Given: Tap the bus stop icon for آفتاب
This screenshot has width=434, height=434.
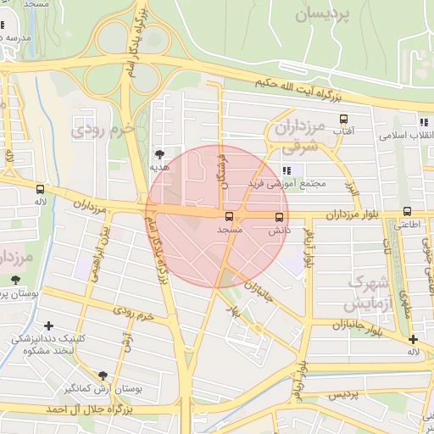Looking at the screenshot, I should coord(343,120).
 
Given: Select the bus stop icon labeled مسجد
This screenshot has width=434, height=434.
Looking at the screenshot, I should coord(229,216).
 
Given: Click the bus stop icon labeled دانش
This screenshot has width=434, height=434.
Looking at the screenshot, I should coord(280,216).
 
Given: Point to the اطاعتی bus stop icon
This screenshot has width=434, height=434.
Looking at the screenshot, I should coord(407,212).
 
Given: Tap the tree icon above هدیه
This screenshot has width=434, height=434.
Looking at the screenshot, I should coord(159,153).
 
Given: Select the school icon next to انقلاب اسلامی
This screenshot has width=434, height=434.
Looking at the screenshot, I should coord(423,124).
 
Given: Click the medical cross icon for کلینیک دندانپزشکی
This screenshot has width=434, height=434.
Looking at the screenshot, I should coord(49,325).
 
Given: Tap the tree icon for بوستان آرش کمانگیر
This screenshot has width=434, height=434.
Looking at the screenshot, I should coord(103,375).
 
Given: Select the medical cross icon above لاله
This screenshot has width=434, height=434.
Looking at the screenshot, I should coord(412,339).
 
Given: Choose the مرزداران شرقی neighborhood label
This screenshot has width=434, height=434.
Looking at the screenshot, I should coord(300,136).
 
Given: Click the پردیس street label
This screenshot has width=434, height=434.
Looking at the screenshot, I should coord(343,396).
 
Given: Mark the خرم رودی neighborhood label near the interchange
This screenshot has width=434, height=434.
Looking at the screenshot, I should coord(104,130).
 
